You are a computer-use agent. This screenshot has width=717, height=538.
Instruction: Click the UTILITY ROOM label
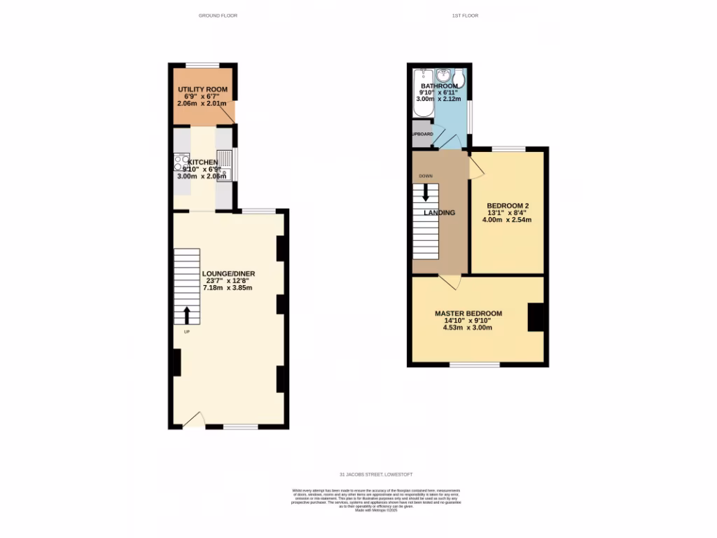202,90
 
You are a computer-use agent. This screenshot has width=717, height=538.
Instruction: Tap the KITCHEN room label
202,162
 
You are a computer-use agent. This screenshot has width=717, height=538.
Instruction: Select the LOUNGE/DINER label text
228,273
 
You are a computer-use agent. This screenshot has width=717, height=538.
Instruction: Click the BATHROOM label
439,86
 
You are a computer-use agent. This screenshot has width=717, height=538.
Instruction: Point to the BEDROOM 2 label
507,205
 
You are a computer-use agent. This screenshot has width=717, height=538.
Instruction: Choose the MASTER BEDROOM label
468,313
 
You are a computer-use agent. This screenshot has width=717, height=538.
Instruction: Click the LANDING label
439,212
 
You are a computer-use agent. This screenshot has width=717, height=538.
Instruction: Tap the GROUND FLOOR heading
218,15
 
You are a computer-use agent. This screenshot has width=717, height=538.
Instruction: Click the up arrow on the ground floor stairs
186,315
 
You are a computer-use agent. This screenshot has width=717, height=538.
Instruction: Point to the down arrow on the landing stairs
425,192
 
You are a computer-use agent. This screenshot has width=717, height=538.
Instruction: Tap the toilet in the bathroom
459,78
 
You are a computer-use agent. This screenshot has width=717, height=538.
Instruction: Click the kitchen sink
226,165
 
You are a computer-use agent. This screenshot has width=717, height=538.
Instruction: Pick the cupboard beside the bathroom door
422,134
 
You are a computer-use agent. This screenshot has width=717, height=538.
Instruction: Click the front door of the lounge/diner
193,420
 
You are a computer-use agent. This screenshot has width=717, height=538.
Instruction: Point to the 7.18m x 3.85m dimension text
228,288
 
